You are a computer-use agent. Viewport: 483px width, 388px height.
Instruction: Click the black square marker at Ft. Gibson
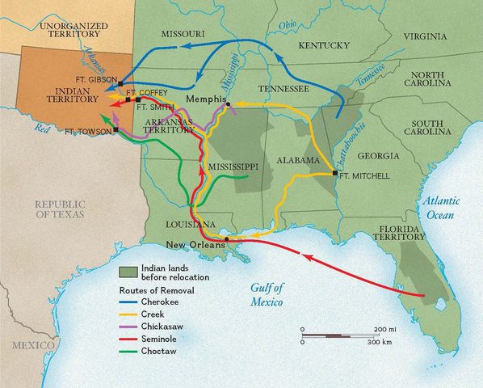120,83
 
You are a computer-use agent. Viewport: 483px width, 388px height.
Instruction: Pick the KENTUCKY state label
323,46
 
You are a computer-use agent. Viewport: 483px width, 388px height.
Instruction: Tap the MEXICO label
33,344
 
